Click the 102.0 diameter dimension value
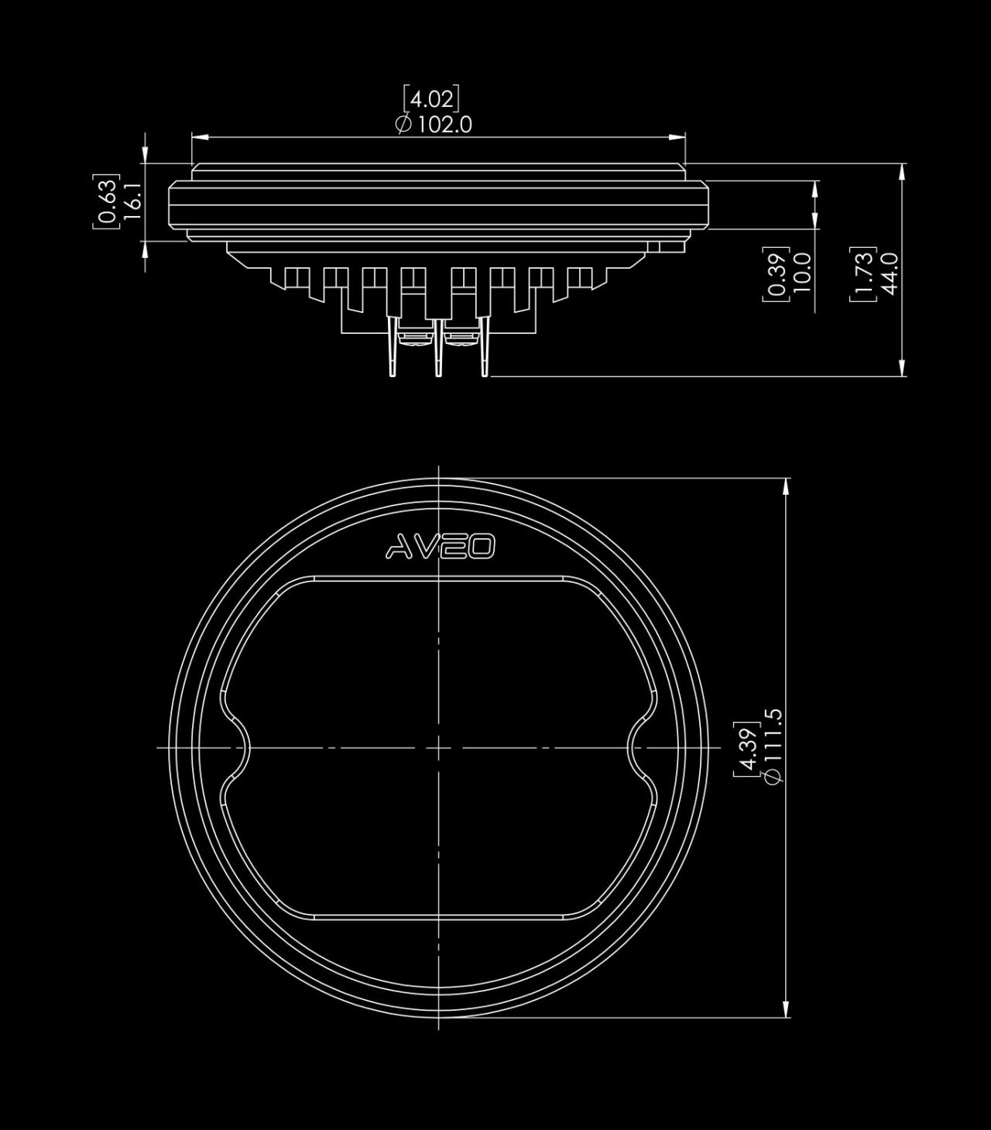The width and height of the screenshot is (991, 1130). click(444, 125)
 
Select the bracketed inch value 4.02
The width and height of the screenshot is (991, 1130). click(432, 99)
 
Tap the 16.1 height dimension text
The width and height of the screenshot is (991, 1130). click(133, 201)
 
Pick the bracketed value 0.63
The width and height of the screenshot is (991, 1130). click(107, 201)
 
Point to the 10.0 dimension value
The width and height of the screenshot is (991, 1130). click(802, 273)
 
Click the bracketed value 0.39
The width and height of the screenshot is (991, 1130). click(777, 273)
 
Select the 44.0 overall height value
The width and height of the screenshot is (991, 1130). click(890, 273)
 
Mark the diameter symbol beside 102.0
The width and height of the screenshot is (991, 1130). click(404, 125)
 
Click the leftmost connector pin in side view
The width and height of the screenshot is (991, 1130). click(393, 345)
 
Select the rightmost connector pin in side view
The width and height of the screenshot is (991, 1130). click(485, 345)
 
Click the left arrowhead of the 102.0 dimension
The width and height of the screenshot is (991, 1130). click(200, 137)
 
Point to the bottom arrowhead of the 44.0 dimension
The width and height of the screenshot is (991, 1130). click(902, 368)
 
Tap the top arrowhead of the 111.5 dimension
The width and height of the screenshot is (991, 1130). click(786, 487)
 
